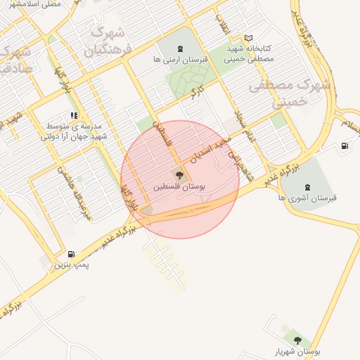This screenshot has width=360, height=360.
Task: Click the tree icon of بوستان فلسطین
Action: pos(180,175)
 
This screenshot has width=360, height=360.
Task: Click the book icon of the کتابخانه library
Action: pos(247,38)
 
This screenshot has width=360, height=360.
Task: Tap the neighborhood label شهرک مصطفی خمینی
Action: pos(281,93)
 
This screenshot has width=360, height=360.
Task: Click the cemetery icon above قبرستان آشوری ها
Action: pos(307,186)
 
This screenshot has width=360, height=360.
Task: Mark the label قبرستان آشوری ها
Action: pos(307,198)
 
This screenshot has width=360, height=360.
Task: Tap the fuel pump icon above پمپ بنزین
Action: pos(71,254)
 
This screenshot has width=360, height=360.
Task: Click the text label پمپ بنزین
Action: pos(71,266)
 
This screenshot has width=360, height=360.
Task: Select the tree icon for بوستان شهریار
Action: pos(297,340)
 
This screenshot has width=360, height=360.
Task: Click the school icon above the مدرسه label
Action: pos(74,115)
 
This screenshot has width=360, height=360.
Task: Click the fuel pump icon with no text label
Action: pos(345,146)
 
